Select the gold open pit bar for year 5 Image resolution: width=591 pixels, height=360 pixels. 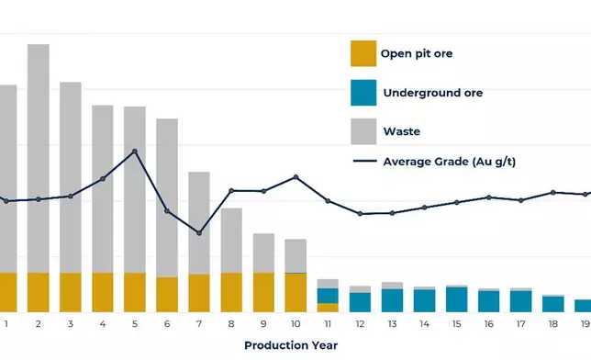coord(135,292)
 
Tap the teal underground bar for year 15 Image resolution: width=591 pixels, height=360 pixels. coord(456,300)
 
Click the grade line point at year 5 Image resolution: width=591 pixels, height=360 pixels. coord(135,152)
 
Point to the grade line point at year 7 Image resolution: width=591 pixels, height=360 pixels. coord(199,233)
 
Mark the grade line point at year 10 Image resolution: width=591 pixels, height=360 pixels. coord(295,177)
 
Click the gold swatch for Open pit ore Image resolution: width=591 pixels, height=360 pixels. coord(363,53)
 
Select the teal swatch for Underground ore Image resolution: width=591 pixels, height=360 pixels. coord(363,93)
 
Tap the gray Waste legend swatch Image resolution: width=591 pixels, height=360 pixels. coord(363,131)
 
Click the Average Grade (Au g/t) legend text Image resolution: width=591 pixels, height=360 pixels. coord(449,163)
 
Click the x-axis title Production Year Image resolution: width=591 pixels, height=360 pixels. coord(290,345)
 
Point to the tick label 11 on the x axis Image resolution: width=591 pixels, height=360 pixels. coord(328,323)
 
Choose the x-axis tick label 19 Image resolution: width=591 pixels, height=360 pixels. coord(585,323)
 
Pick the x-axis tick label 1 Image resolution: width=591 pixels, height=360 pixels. coord(6,323)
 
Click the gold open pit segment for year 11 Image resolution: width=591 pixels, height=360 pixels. coord(328,308)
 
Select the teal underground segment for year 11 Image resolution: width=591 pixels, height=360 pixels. coord(328,296)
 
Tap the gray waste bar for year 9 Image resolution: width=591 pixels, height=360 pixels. coord(263,253)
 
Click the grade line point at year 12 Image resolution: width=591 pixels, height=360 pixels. coord(360,214)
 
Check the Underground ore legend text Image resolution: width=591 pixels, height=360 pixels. coord(432,93)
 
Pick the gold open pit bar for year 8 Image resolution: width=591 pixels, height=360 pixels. coord(231,292)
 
